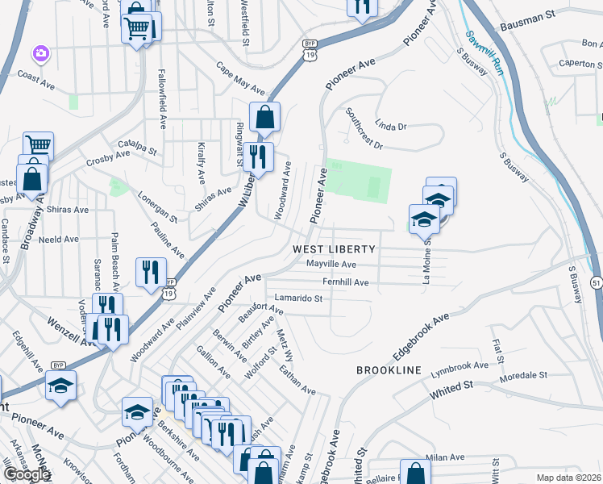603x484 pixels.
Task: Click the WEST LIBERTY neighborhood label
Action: pyautogui.click(x=334, y=248)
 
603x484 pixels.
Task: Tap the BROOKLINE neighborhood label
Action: pyautogui.click(x=389, y=369)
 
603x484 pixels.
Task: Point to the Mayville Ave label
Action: pyautogui.click(x=331, y=265)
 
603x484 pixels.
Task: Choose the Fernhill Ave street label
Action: pyautogui.click(x=345, y=282)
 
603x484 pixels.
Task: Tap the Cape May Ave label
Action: pyautogui.click(x=240, y=78)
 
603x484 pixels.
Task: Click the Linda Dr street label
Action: pyautogui.click(x=392, y=127)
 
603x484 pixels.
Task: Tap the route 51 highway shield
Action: pyautogui.click(x=596, y=282)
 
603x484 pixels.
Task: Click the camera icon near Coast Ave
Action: pyautogui.click(x=40, y=53)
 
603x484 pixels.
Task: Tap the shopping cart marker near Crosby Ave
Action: pyautogui.click(x=37, y=144)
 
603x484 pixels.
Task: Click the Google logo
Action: pyautogui.click(x=26, y=474)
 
